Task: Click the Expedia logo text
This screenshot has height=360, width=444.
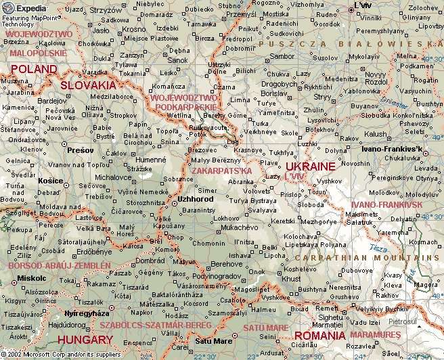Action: pyautogui.click(x=31, y=8)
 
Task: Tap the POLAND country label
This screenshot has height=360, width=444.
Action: pyautogui.click(x=33, y=70)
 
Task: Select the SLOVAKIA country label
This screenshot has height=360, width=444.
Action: pyautogui.click(x=88, y=85)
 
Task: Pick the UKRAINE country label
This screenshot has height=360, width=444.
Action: pyautogui.click(x=310, y=166)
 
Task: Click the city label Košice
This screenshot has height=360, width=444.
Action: pyautogui.click(x=51, y=181)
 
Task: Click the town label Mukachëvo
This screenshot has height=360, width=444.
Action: pyautogui.click(x=241, y=229)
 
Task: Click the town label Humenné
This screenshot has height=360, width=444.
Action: pyautogui.click(x=134, y=160)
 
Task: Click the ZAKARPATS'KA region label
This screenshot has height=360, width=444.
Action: pyautogui.click(x=222, y=171)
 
